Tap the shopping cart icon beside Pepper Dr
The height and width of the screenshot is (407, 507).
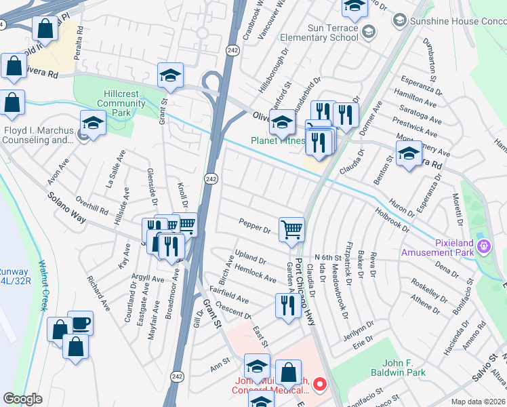click(x=291, y=229)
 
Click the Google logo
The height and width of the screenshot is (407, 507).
click(x=22, y=399)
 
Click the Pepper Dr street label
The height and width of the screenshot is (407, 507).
click(x=254, y=224)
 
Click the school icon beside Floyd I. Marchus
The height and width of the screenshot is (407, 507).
click(x=92, y=123)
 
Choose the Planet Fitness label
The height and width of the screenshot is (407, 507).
click(x=278, y=141)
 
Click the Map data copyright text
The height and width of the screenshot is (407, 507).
click(x=479, y=401)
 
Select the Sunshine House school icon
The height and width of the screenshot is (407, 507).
click(x=399, y=21)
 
